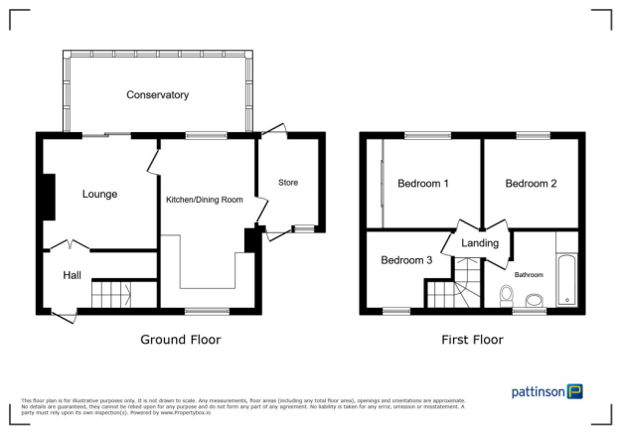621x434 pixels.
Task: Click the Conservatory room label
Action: [157, 95]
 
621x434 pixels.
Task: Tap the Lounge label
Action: [100, 194]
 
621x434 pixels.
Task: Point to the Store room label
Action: [287, 183]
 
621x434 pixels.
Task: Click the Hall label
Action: [73, 275]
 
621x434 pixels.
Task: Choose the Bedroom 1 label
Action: [423, 184]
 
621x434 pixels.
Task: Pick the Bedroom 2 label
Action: [531, 184]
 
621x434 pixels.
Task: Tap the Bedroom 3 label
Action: [406, 260]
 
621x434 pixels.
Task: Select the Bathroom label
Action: [529, 274]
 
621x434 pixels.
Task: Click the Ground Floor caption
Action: [180, 340]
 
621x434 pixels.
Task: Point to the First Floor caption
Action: [472, 340]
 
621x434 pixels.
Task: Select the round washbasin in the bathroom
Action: [534, 300]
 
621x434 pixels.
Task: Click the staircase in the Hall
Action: [111, 294]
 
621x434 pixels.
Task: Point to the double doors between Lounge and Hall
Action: [69, 244]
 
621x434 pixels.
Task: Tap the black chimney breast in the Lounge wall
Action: [48, 197]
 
